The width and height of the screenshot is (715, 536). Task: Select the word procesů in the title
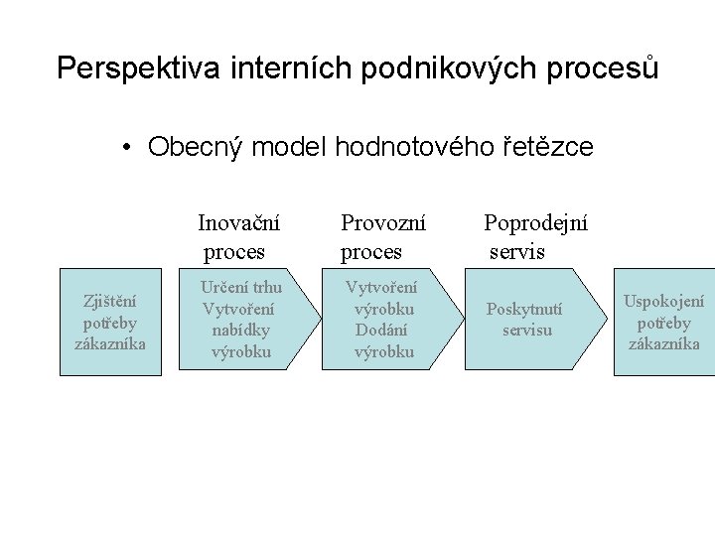point(608,67)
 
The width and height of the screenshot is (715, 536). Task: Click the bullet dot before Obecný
point(128,149)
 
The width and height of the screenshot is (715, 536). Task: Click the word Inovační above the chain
point(238,222)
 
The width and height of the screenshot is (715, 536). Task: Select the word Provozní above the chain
point(383,222)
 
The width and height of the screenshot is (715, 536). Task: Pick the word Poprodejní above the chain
point(535,222)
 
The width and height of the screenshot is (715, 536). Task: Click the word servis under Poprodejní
point(517,251)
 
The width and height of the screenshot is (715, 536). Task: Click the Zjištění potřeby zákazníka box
point(110,322)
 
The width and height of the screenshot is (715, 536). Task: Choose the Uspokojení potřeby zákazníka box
point(663,322)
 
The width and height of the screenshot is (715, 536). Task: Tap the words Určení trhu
point(241,288)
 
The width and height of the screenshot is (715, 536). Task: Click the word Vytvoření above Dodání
point(381,288)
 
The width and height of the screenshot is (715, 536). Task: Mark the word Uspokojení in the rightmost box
point(663,302)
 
